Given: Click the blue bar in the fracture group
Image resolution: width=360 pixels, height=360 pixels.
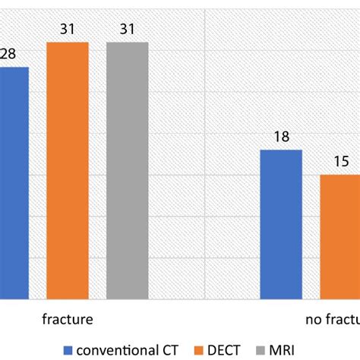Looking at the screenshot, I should tap(14, 182).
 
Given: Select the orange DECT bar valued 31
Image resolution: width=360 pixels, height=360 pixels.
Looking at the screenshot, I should tap(68, 170).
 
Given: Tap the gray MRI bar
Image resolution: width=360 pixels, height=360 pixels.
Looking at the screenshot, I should tap(127, 170).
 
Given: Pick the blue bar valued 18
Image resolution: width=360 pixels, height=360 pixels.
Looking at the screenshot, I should tap(281, 224).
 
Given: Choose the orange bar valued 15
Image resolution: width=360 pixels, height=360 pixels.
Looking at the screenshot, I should tap(339, 236).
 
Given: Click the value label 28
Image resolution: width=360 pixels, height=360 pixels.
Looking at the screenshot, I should tap(8, 55).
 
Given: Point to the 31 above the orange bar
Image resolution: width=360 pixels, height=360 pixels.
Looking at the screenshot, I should tap(68, 30).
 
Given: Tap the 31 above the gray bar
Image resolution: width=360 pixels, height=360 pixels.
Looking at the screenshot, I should tap(127, 30).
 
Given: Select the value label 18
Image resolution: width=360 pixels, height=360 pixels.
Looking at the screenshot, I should tap(281, 137).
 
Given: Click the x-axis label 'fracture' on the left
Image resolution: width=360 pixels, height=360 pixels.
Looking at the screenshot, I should tap(68, 320).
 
